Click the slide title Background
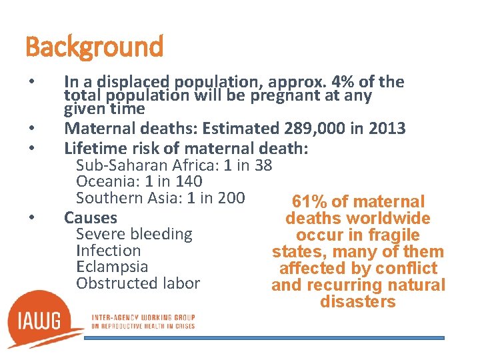(x=94, y=47)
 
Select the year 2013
(x=387, y=128)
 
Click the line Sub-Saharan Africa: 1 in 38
(x=174, y=165)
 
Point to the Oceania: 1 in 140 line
(x=139, y=181)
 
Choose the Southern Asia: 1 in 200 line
(x=161, y=197)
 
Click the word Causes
(x=90, y=217)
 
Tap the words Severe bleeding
(x=134, y=234)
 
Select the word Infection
(x=109, y=251)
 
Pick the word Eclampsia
(x=112, y=267)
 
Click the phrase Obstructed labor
(x=138, y=283)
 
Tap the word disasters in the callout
(x=358, y=302)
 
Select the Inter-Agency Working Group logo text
(x=143, y=321)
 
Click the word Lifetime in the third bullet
(x=93, y=147)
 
